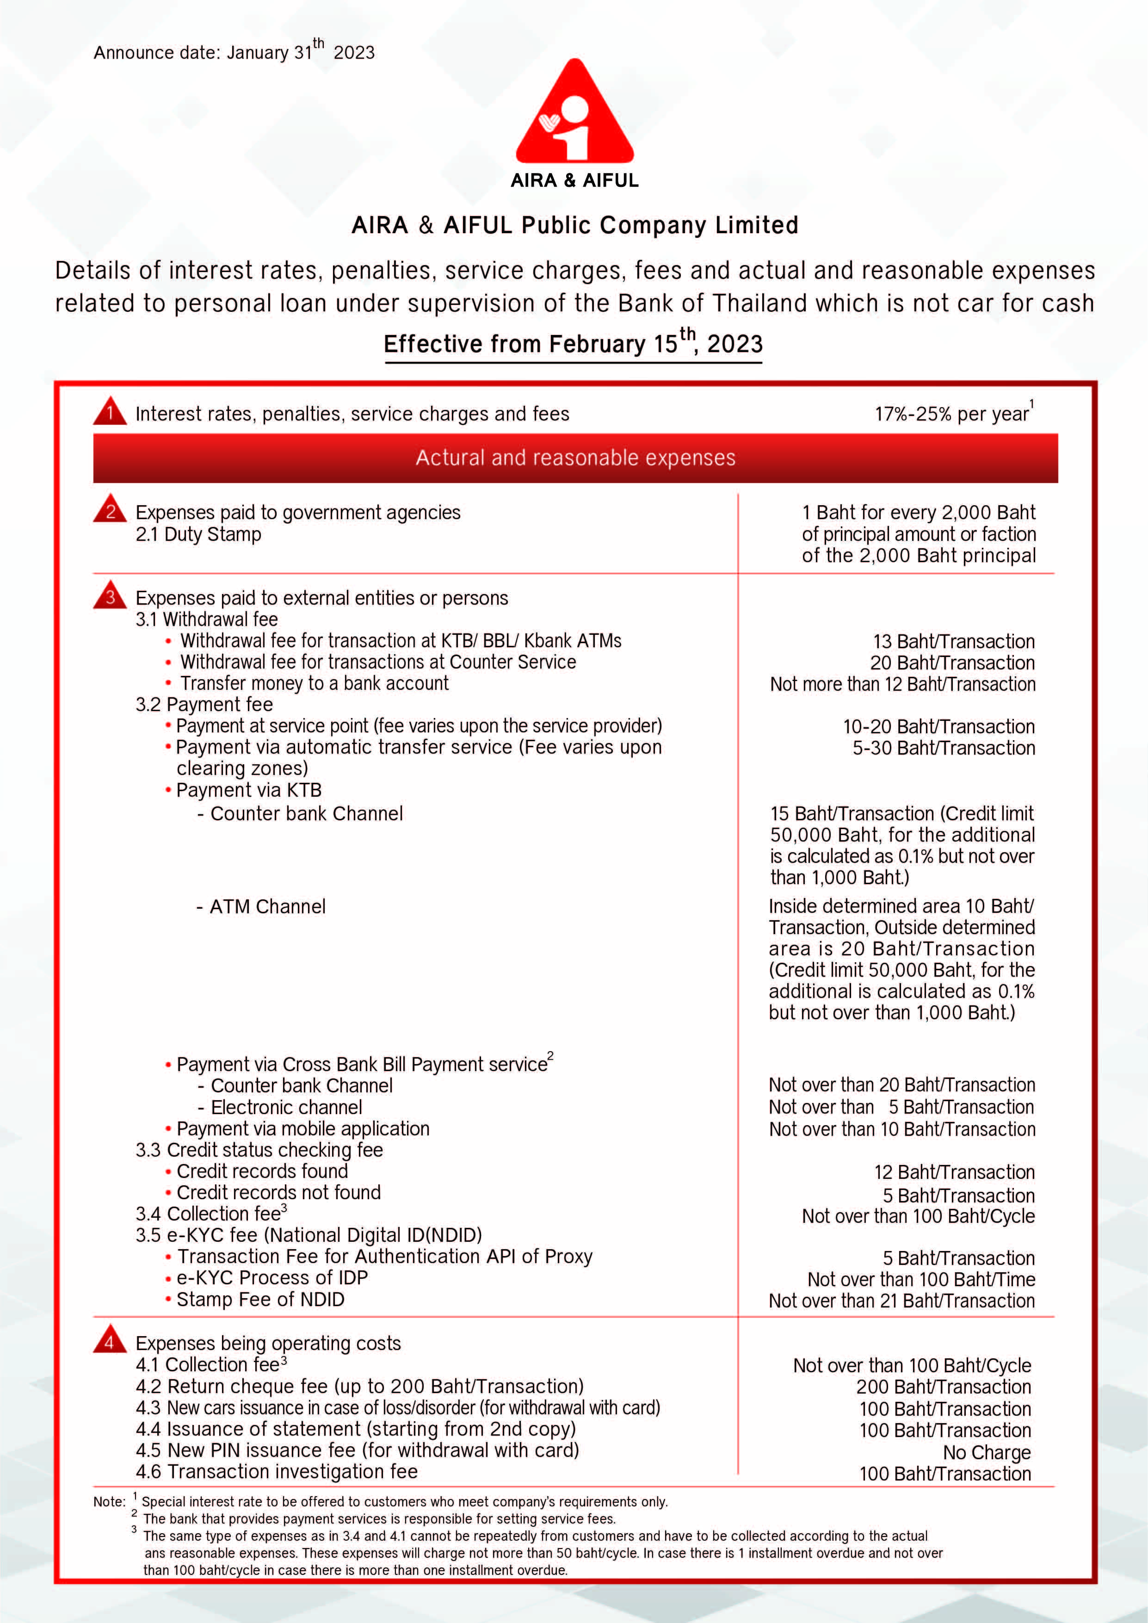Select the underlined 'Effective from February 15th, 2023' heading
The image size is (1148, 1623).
click(573, 344)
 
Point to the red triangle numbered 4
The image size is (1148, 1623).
click(110, 1341)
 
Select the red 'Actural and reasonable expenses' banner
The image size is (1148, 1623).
click(575, 458)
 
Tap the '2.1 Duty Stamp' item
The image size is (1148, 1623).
click(198, 534)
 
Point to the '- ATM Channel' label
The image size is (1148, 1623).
click(261, 906)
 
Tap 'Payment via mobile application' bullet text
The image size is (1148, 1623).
click(302, 1129)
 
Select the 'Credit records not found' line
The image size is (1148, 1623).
click(278, 1193)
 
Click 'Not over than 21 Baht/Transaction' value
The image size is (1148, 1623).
click(901, 1301)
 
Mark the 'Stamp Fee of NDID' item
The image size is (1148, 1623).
click(260, 1300)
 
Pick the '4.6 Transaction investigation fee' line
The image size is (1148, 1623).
click(277, 1473)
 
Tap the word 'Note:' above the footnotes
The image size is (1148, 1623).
click(109, 1501)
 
